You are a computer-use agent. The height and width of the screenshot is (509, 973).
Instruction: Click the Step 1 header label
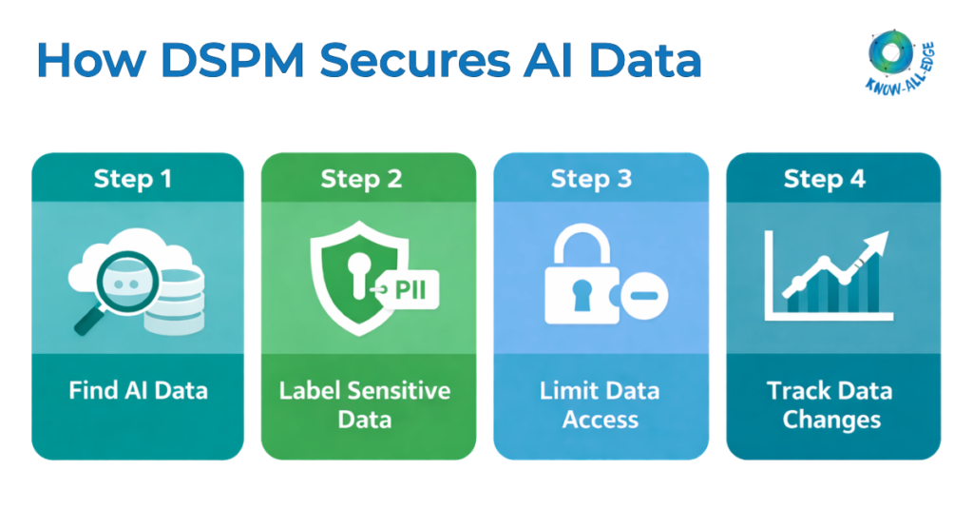[133, 179]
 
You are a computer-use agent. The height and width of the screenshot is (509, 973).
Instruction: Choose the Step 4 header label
[824, 179]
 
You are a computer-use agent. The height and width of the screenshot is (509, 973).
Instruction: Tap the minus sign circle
[644, 299]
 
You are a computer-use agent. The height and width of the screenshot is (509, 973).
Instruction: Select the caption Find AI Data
[138, 390]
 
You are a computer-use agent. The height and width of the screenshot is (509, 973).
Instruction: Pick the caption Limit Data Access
[600, 404]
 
